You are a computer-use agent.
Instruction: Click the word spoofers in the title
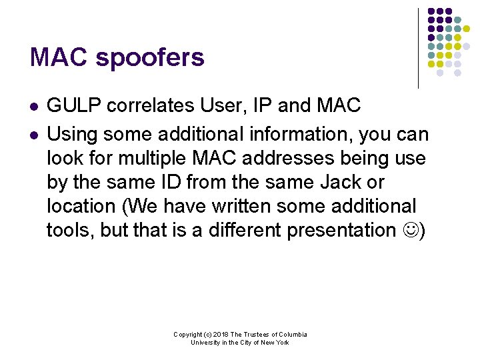click(x=150, y=59)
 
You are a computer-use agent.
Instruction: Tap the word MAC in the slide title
click(x=59, y=57)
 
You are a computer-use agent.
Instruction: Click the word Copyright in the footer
click(x=187, y=335)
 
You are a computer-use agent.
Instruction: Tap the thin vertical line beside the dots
click(x=418, y=48)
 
